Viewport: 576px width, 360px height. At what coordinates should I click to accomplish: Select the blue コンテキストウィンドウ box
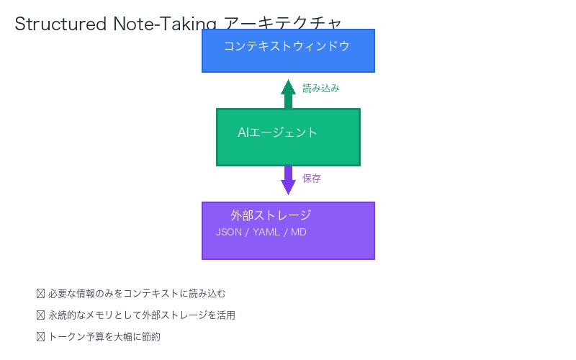(x=288, y=60)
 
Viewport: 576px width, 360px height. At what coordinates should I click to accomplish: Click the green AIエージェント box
(x=288, y=151)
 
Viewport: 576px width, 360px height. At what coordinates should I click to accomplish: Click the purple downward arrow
(x=288, y=180)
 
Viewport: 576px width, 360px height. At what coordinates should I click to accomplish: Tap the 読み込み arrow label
(x=320, y=89)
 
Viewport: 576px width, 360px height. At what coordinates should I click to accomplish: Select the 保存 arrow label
(x=312, y=179)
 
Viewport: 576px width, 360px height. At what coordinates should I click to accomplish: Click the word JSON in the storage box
(x=229, y=232)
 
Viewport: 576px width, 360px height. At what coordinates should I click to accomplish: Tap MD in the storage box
(x=299, y=232)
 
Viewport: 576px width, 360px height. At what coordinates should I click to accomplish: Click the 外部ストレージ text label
(x=271, y=215)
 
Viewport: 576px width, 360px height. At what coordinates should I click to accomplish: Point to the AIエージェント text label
(x=277, y=132)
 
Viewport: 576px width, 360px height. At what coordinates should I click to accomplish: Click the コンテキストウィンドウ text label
(x=287, y=46)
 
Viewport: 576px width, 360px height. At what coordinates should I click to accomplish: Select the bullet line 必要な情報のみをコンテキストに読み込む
(x=137, y=294)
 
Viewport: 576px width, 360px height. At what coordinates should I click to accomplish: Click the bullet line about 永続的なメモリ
(x=141, y=315)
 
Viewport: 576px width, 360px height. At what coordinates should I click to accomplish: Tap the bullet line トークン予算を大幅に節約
(x=104, y=337)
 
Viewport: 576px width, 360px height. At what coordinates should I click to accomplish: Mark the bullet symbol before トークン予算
(x=40, y=337)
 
